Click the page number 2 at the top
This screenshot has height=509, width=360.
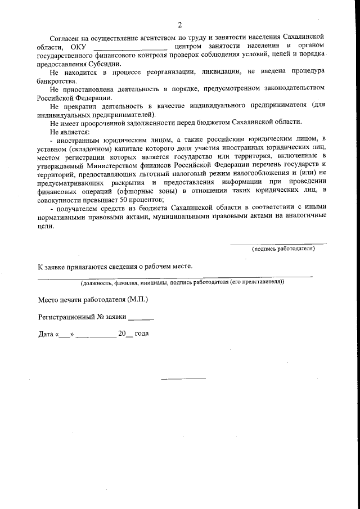click(x=179, y=24)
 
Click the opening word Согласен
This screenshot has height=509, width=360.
click(x=66, y=37)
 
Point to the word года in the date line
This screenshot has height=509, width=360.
click(x=141, y=334)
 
